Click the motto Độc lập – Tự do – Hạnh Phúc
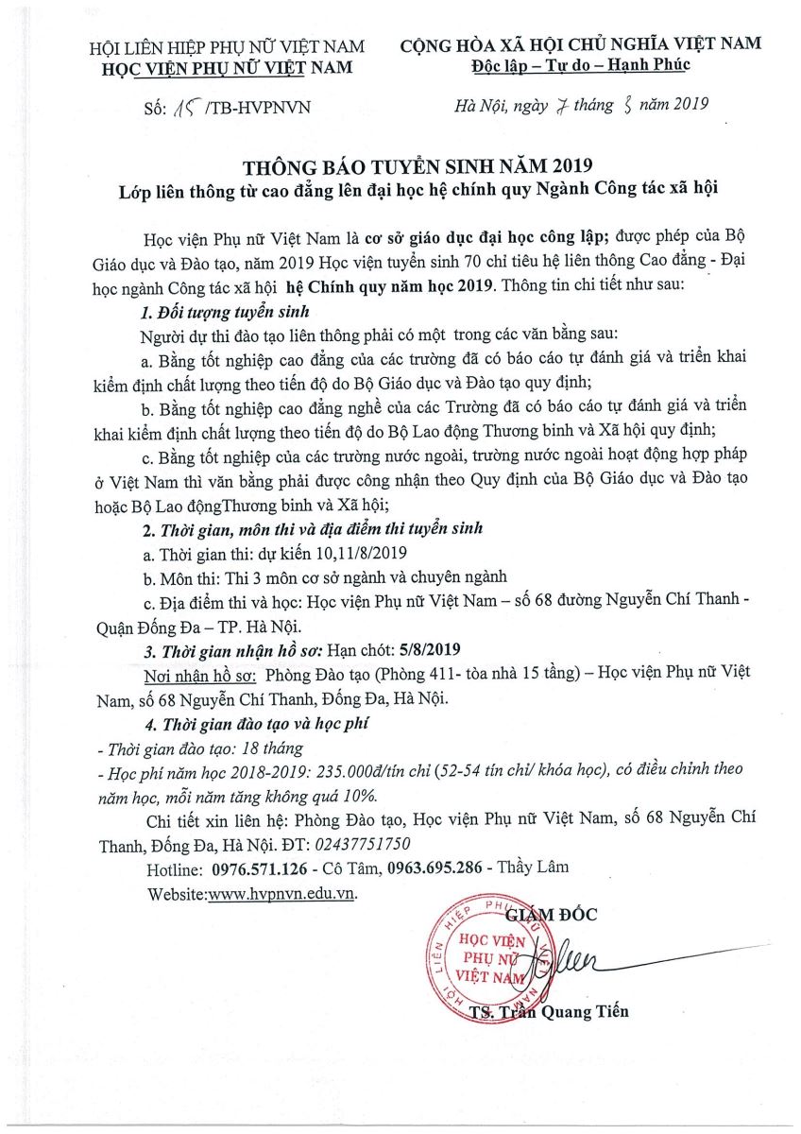pos(581,65)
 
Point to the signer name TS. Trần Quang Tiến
pos(548,1013)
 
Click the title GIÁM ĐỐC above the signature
pos(551,914)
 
